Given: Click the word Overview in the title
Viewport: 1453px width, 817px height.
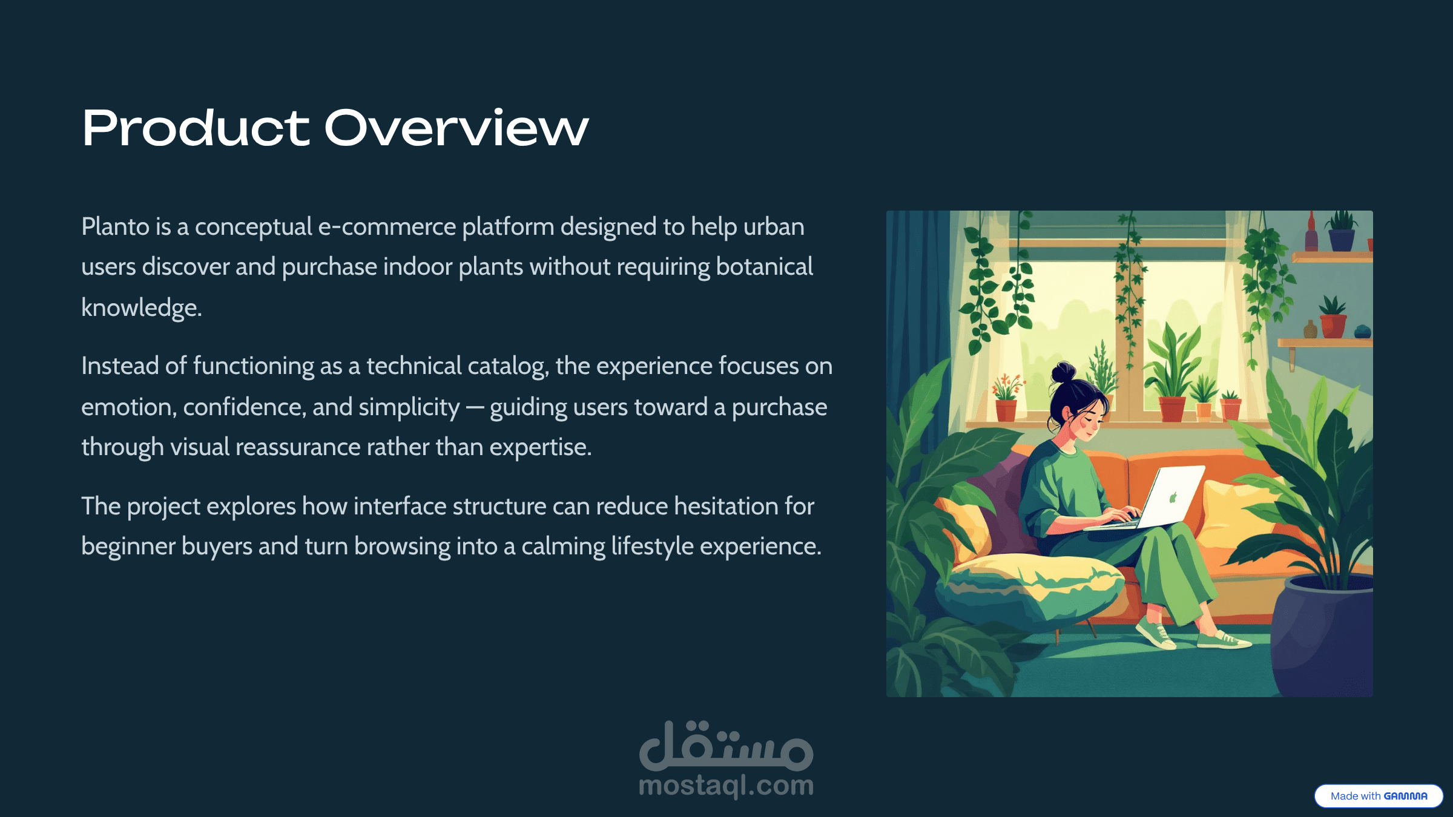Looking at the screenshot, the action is tap(456, 128).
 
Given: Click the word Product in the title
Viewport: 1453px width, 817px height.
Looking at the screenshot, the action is tap(196, 128).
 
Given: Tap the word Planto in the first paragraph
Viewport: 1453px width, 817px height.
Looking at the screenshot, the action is tap(116, 227).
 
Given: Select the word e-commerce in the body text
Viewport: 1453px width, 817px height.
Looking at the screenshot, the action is tap(387, 227).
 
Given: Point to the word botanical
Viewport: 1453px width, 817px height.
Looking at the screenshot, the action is tap(765, 267).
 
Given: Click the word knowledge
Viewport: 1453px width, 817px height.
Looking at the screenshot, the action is tap(142, 308).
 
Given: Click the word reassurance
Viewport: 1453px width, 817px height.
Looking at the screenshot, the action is tap(298, 447).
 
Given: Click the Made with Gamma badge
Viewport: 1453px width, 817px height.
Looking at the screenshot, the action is tap(1379, 796).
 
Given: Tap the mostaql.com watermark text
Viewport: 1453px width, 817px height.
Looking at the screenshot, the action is tap(726, 786).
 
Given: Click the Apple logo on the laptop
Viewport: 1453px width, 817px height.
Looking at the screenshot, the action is tap(1173, 497).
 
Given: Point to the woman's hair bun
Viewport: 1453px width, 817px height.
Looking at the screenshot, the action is tap(1064, 372).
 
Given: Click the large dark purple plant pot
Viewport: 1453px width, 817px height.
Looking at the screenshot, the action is tap(1323, 635).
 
